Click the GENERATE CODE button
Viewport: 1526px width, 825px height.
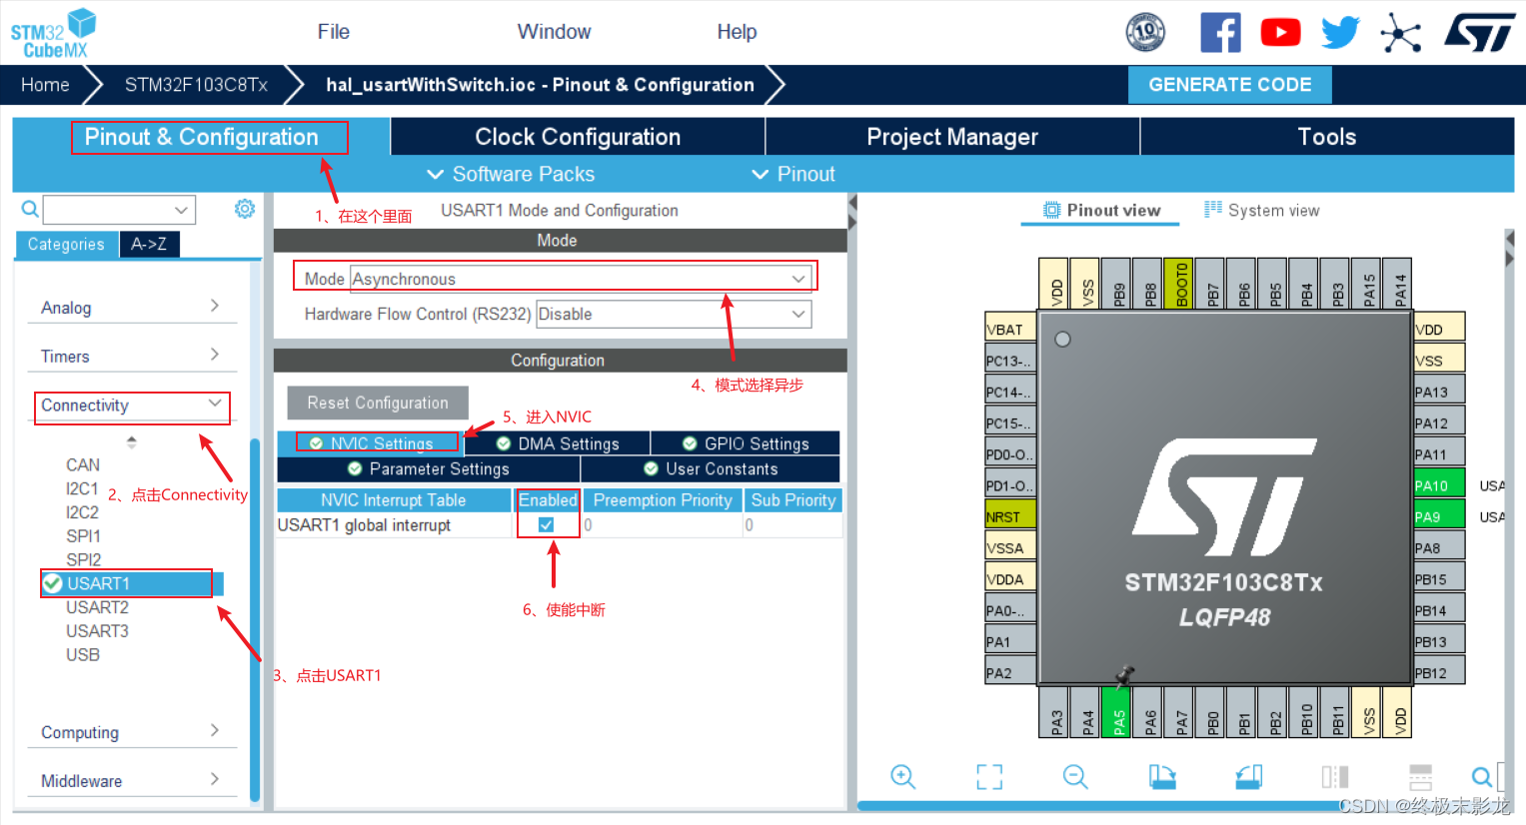click(x=1229, y=85)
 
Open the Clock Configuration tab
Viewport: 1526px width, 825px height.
click(x=578, y=137)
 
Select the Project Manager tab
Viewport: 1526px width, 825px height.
click(x=951, y=137)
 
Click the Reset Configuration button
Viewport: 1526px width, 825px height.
click(x=378, y=403)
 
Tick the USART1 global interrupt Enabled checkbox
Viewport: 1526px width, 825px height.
click(x=547, y=524)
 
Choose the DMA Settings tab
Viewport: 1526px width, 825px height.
click(x=558, y=443)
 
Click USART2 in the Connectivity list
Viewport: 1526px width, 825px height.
click(x=97, y=607)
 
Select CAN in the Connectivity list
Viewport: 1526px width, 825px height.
click(x=83, y=464)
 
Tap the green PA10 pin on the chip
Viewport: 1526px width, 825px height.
click(x=1439, y=485)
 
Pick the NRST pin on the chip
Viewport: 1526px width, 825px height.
click(x=1009, y=516)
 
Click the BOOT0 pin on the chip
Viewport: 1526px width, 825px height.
click(x=1182, y=284)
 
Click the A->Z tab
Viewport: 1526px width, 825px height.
click(x=149, y=244)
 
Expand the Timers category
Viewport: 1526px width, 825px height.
click(x=131, y=357)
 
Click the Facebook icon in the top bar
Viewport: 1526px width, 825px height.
click(x=1220, y=33)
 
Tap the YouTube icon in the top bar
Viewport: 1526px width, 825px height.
click(x=1280, y=33)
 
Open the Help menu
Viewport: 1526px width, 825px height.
click(x=737, y=32)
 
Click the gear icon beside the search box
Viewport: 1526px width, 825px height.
click(x=245, y=209)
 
